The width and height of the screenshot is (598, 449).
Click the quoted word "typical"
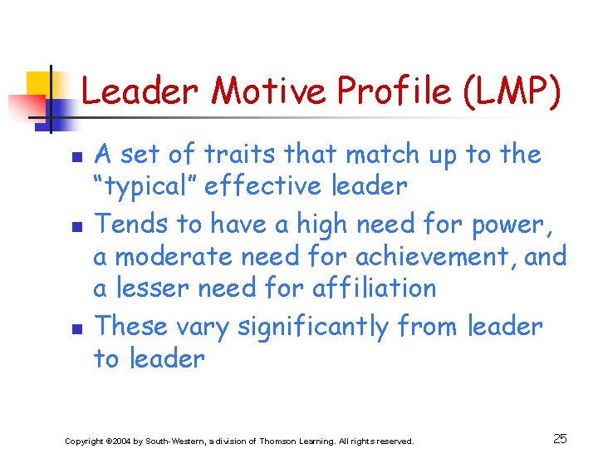(143, 186)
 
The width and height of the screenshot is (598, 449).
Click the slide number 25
(560, 438)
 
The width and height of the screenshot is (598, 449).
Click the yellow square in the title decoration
(39, 84)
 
